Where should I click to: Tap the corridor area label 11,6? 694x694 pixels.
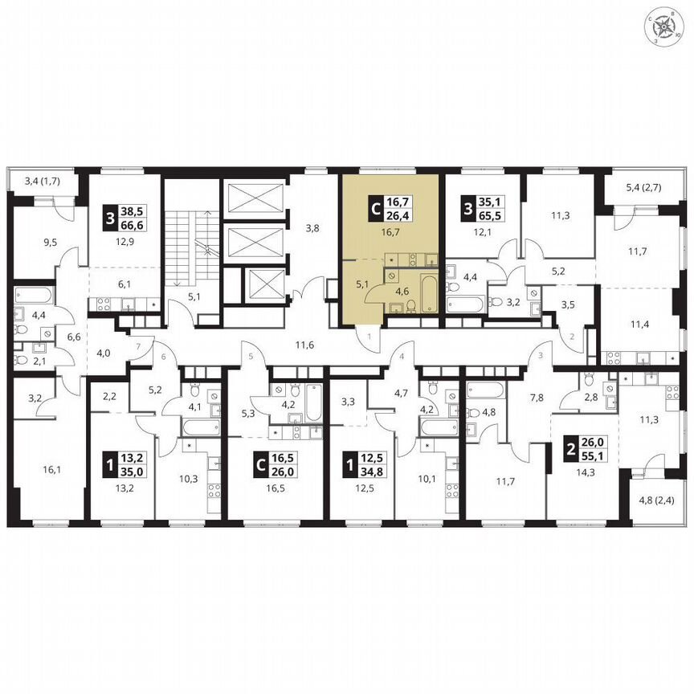[303, 345]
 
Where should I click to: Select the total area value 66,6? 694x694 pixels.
[129, 222]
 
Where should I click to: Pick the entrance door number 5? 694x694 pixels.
[251, 356]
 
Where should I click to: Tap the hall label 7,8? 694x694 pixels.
[537, 397]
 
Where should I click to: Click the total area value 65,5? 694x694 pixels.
[488, 222]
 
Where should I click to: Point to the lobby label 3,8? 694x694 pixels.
[312, 228]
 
